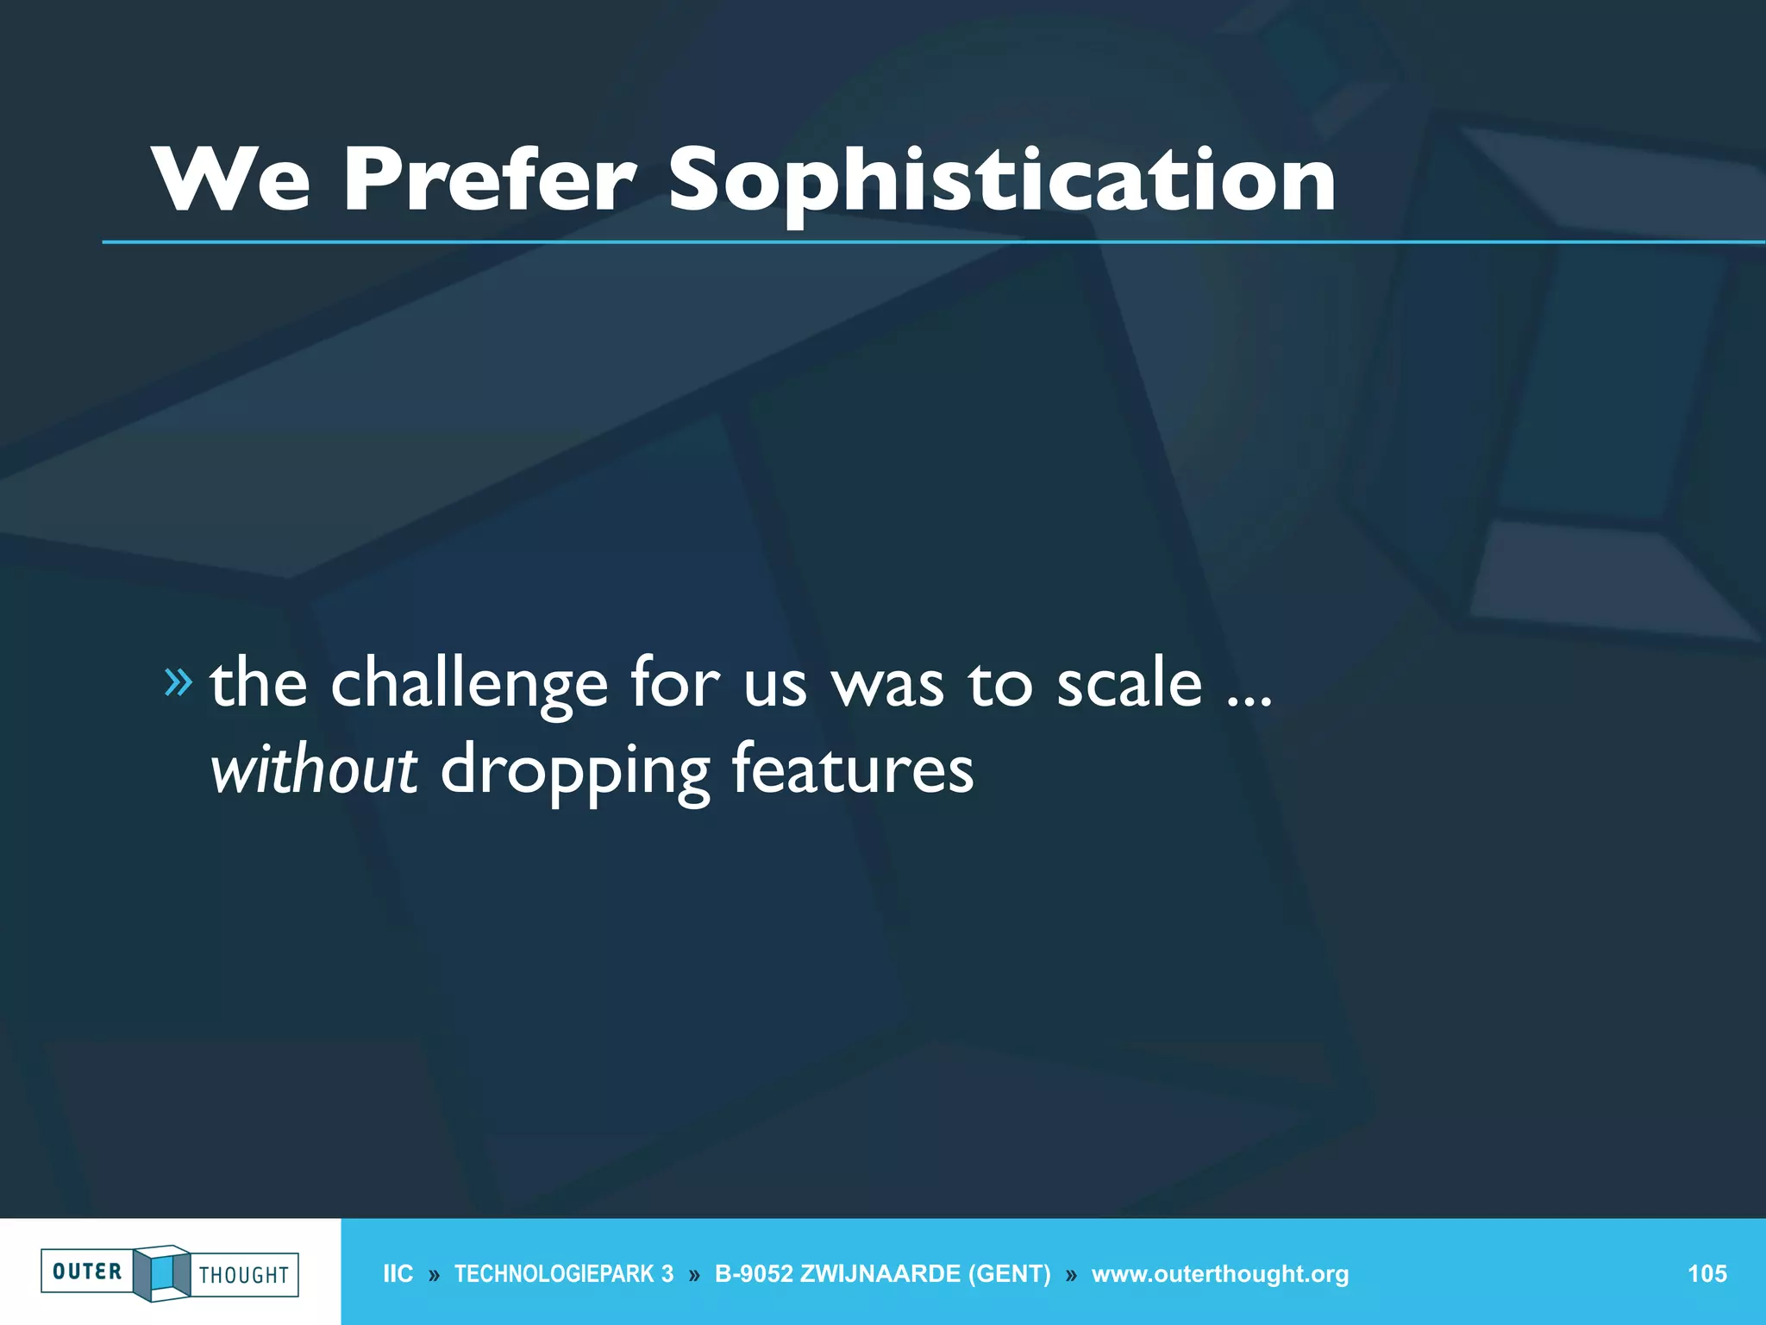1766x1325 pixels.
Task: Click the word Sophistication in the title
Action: [1001, 179]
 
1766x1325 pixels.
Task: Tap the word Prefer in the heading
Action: [490, 179]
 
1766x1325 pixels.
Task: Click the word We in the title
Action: [231, 179]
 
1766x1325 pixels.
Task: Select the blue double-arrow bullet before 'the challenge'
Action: [178, 682]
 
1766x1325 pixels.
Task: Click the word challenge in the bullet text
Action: [469, 684]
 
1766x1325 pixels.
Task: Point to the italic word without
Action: [314, 769]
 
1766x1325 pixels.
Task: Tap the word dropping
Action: [575, 770]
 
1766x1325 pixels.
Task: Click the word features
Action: [853, 769]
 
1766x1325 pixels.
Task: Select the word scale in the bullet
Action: [1129, 682]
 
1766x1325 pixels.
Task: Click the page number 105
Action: [1707, 1274]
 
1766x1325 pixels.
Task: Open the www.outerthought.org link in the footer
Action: [1219, 1274]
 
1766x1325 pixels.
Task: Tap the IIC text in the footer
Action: [398, 1274]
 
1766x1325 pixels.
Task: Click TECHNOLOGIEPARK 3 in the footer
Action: [564, 1274]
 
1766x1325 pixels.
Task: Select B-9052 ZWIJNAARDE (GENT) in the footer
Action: [882, 1274]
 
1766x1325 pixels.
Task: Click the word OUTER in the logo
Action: [87, 1272]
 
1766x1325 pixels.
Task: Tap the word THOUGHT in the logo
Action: [244, 1275]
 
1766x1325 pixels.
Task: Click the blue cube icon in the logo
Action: [162, 1273]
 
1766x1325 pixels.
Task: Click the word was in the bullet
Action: [887, 684]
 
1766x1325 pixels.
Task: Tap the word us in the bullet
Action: [775, 684]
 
